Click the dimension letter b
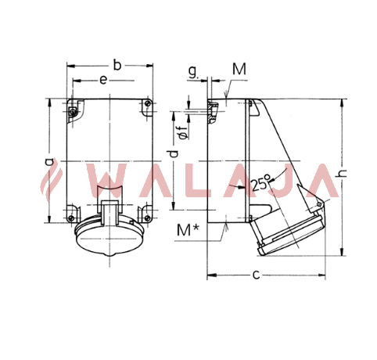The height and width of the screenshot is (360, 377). click(117, 65)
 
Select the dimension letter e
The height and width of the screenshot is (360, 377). click(103, 80)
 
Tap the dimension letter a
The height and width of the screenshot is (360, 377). click(48, 162)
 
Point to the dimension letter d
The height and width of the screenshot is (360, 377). click(174, 154)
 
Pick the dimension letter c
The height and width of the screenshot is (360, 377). click(257, 275)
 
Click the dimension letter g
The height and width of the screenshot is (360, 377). click(193, 72)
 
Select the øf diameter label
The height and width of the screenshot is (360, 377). click(183, 132)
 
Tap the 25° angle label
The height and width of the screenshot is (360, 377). click(260, 182)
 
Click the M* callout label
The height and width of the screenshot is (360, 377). click(188, 230)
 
